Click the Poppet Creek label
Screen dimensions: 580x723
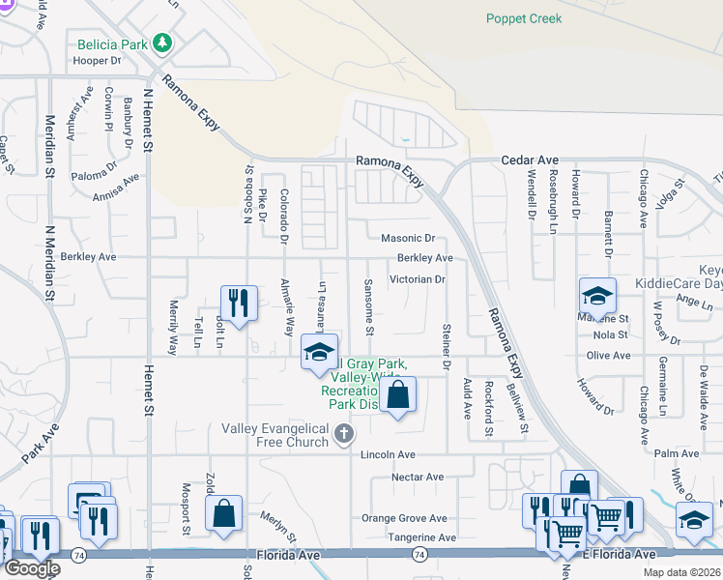click(x=523, y=18)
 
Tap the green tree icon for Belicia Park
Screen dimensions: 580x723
click(x=163, y=43)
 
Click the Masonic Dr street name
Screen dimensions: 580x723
click(x=409, y=238)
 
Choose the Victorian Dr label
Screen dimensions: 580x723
click(x=417, y=279)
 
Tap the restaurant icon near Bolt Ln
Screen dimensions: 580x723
click(x=238, y=302)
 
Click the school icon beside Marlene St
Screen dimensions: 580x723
click(x=597, y=296)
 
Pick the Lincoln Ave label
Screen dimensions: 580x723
click(x=388, y=454)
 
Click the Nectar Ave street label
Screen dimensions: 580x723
click(x=417, y=477)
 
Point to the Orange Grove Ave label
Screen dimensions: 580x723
click(x=404, y=518)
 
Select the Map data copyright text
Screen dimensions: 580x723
click(x=681, y=572)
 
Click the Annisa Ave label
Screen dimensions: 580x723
click(x=117, y=184)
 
